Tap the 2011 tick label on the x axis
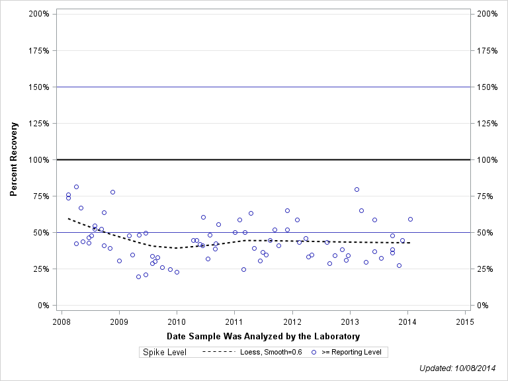234,321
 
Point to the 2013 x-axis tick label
349,321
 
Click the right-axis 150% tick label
486,87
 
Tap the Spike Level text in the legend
165,352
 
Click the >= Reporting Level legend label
351,352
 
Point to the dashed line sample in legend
218,352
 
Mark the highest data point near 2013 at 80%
357,189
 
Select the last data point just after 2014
410,219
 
